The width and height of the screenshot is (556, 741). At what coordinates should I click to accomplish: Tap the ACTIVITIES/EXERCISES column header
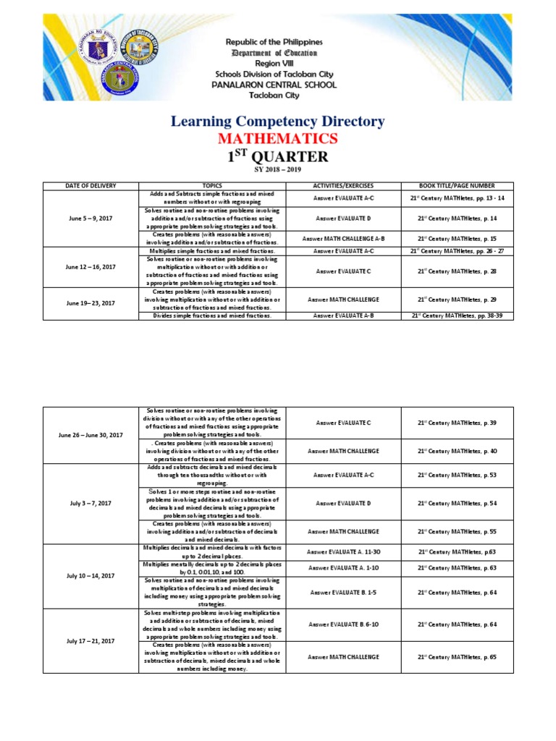click(343, 186)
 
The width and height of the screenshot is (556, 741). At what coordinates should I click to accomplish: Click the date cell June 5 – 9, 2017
click(90, 218)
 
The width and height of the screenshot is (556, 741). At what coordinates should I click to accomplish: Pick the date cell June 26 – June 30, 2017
click(90, 435)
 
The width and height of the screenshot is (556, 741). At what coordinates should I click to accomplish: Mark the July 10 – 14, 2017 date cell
click(90, 575)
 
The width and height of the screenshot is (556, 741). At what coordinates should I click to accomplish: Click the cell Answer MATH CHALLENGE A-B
click(343, 238)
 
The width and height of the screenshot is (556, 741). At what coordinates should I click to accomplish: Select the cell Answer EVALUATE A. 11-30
click(343, 551)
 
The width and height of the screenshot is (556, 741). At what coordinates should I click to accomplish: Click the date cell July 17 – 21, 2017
click(90, 640)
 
